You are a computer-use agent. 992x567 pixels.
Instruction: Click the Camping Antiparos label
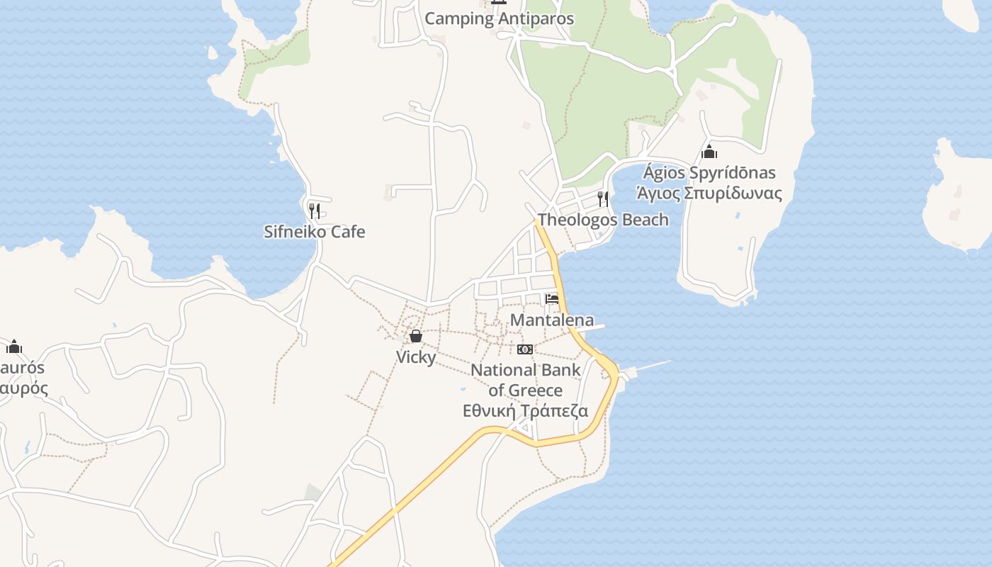[x=499, y=18]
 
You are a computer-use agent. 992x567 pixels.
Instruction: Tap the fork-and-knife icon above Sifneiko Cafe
[x=315, y=210]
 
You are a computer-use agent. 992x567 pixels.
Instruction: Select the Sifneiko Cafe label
[x=315, y=232]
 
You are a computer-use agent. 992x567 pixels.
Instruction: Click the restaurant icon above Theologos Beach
[x=603, y=198]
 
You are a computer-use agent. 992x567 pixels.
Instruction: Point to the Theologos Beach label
[x=603, y=220]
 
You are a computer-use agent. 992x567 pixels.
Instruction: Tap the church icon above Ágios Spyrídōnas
[x=709, y=152]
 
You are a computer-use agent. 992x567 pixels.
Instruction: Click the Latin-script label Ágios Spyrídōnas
[x=709, y=173]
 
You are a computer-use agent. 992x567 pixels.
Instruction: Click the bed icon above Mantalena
[x=552, y=298]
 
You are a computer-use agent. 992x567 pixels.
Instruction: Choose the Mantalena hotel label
[x=552, y=320]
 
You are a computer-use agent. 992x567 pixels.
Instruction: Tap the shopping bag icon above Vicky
[x=416, y=336]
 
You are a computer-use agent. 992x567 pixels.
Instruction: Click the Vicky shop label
[x=416, y=357]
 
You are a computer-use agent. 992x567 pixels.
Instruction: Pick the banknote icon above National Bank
[x=525, y=349]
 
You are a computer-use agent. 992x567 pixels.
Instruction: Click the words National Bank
[x=525, y=370]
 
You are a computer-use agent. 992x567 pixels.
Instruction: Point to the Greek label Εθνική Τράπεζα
[x=525, y=411]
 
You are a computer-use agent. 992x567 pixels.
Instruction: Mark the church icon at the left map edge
[x=14, y=347]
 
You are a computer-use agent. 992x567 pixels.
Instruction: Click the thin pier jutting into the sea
[x=648, y=366]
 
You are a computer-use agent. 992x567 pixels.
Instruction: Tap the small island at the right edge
[x=957, y=198]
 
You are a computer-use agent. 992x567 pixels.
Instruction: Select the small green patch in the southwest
[x=313, y=492]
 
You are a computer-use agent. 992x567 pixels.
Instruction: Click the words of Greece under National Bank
[x=525, y=391]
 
